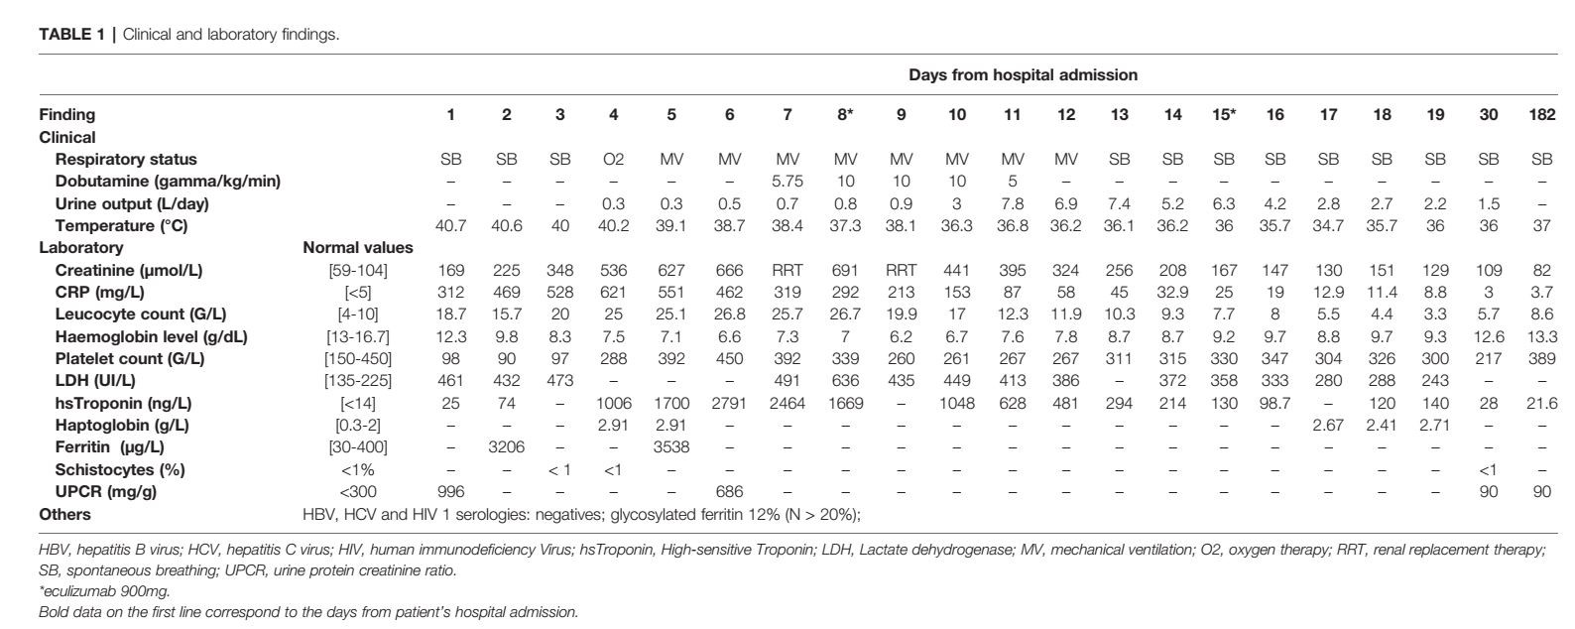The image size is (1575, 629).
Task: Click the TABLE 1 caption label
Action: point(74,35)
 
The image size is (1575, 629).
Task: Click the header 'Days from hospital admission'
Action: point(1023,75)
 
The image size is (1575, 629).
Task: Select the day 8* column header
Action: point(844,115)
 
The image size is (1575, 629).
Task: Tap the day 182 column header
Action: point(1541,115)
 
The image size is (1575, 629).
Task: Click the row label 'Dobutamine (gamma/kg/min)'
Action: point(168,182)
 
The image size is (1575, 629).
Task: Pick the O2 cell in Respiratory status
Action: point(613,160)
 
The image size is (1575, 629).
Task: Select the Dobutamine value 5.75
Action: point(787,182)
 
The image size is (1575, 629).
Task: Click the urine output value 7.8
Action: point(1012,204)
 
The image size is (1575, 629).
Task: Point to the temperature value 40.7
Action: point(450,226)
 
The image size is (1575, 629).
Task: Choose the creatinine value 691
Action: point(844,271)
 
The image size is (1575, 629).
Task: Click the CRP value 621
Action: point(613,293)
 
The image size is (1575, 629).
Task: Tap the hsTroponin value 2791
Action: point(729,404)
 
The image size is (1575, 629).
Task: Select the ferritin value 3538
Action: point(671,447)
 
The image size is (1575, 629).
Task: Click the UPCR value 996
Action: point(450,492)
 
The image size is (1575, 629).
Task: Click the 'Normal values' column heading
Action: point(358,248)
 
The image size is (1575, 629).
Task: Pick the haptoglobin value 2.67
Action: point(1327,426)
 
